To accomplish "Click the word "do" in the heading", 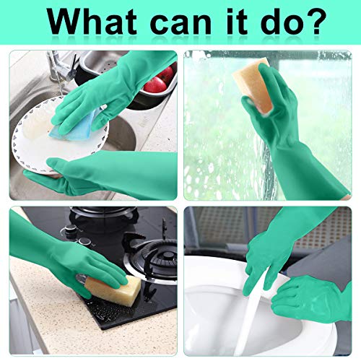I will click(277, 22).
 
